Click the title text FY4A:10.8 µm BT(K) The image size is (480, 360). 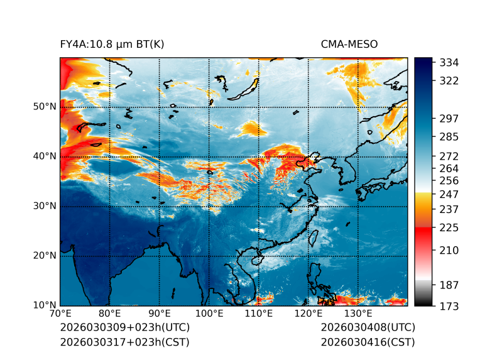pos(112,44)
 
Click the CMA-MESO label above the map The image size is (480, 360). pos(349,44)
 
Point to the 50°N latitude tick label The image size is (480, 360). pos(44,107)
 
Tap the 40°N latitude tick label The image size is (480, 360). pos(44,156)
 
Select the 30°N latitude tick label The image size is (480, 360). pos(44,206)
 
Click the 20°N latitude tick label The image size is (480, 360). pos(44,256)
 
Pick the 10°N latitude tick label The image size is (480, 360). pos(44,305)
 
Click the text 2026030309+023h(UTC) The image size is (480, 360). pos(124,328)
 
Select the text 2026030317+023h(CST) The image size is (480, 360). pos(124,342)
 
